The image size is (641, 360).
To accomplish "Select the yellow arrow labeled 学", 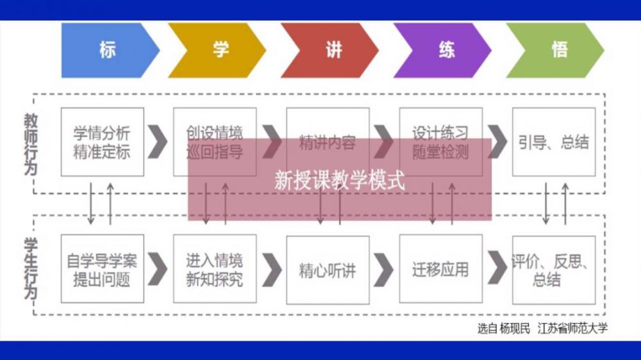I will tap(217, 51).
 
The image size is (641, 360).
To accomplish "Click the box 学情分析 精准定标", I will tap(103, 142).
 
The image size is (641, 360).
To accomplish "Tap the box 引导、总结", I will tap(554, 142).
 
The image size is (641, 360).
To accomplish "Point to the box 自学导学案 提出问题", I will tap(103, 270).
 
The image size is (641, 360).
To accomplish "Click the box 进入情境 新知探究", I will tap(215, 270).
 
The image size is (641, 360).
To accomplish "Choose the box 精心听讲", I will tap(328, 270).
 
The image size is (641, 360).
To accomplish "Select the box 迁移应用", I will tap(440, 270).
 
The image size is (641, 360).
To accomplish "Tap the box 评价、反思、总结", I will tap(554, 270).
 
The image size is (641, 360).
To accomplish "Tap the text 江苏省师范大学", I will tap(573, 329).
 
